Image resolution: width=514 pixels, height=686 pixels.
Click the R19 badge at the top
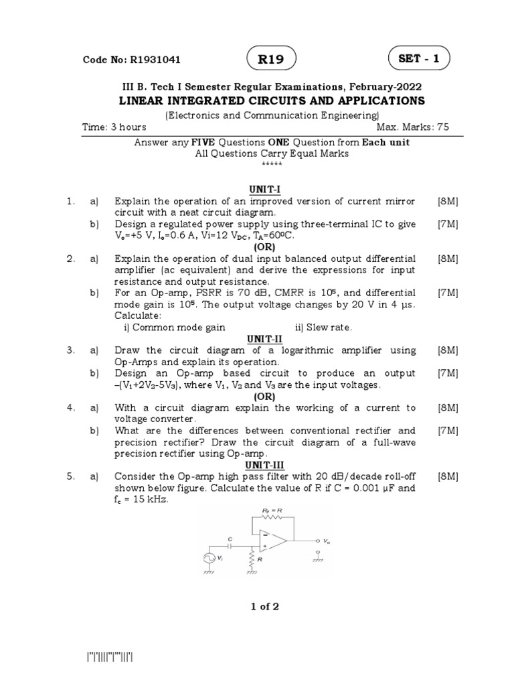[272, 60]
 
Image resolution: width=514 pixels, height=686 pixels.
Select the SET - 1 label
[419, 59]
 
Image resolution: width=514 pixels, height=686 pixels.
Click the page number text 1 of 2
[265, 607]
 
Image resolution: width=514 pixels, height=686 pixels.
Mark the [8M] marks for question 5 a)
[448, 476]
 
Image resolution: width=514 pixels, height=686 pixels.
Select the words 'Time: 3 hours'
[114, 127]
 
